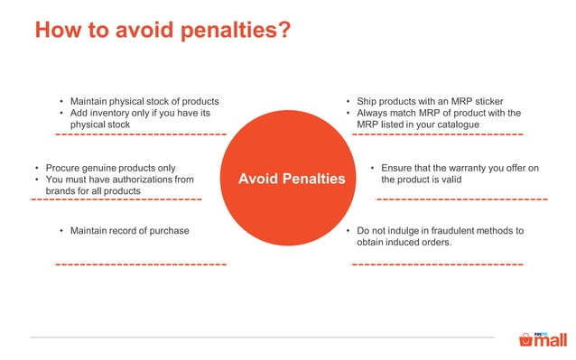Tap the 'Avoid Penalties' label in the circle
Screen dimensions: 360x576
click(292, 179)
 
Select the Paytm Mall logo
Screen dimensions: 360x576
click(543, 339)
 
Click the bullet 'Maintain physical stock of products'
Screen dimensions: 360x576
click(144, 100)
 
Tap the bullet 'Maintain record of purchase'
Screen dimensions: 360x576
click(129, 231)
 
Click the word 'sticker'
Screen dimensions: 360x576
click(487, 100)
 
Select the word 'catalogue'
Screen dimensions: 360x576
click(452, 125)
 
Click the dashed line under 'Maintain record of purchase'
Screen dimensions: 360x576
click(140, 264)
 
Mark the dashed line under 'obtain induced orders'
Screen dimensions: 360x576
click(437, 264)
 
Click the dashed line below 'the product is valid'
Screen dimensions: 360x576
click(461, 198)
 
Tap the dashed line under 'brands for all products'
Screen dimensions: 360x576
click(116, 198)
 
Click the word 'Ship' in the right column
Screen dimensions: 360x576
click(367, 100)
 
